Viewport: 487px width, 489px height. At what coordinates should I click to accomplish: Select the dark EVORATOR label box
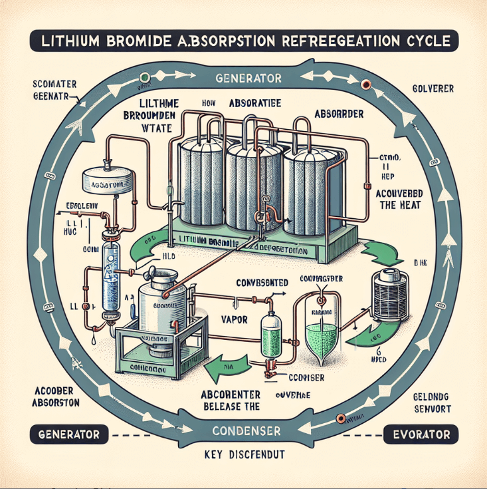[x=421, y=435]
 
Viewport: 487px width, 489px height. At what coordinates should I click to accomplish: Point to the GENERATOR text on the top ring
[x=250, y=79]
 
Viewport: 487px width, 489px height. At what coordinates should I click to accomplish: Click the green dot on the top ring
[x=143, y=76]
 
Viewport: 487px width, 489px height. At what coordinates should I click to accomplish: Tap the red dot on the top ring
[x=363, y=84]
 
